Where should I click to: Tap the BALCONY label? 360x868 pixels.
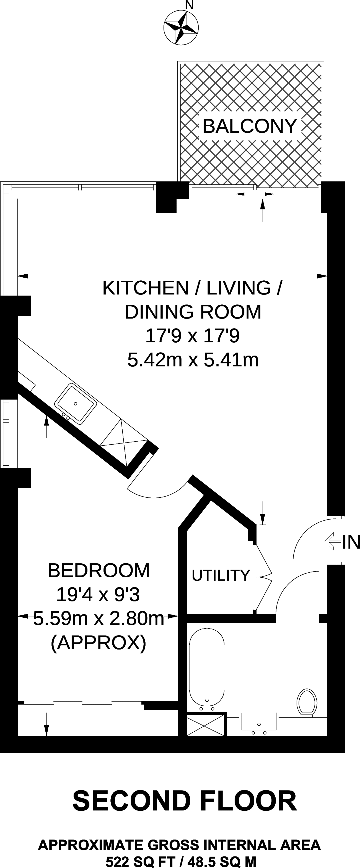[x=250, y=126]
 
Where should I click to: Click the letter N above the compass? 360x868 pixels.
[x=190, y=5]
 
